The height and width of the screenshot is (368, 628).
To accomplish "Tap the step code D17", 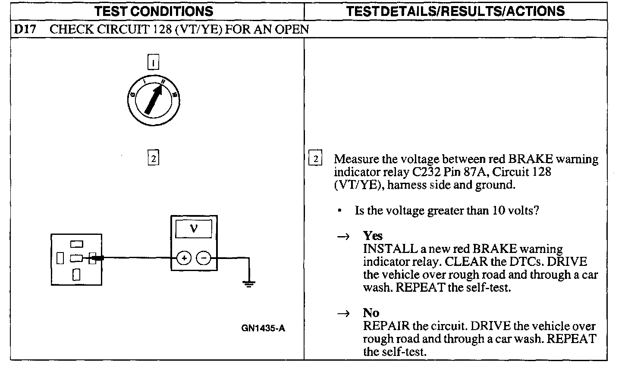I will (25, 29).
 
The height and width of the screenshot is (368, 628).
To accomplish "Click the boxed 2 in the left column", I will (153, 158).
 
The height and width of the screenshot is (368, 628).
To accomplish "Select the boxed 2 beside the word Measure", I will (316, 159).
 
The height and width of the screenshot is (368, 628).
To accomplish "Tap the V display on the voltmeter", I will (194, 228).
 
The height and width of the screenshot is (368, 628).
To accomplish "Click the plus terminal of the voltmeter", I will (184, 258).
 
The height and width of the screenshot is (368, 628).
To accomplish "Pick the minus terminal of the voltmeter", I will (204, 258).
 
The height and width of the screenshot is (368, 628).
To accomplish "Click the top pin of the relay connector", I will (76, 244).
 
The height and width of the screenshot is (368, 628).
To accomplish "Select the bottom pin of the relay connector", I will (76, 274).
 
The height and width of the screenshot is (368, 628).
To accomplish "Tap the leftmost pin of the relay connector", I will (60, 258).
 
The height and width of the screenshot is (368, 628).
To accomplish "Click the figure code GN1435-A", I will (263, 328).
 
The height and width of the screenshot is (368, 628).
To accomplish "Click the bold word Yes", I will (373, 236).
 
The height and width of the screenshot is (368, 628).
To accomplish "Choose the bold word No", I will (371, 313).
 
